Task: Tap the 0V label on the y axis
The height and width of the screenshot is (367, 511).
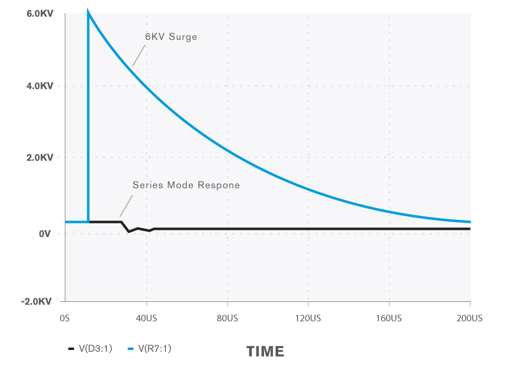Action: [x=45, y=234]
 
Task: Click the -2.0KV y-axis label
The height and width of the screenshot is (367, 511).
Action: [x=37, y=301]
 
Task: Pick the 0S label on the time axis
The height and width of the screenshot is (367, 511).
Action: [x=65, y=318]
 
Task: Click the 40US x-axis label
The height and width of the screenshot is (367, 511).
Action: [x=146, y=318]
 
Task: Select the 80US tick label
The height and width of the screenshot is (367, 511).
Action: [x=227, y=318]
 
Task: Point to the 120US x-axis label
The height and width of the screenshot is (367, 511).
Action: [x=308, y=318]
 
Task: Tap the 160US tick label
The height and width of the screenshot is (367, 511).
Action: [x=389, y=318]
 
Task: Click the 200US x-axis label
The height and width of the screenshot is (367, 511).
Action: [x=470, y=318]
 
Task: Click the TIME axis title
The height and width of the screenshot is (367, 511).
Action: [x=265, y=352]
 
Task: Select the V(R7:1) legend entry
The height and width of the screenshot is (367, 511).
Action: [x=155, y=348]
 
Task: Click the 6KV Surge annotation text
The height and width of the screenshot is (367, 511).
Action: [x=171, y=36]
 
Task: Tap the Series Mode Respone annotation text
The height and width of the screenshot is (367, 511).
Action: [x=186, y=185]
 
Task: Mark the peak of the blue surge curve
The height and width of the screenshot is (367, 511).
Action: [x=88, y=11]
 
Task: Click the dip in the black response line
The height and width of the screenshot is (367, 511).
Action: [x=129, y=232]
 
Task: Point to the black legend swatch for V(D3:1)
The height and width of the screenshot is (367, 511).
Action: [x=71, y=349]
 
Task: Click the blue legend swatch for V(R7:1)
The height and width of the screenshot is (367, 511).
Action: [x=131, y=349]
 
